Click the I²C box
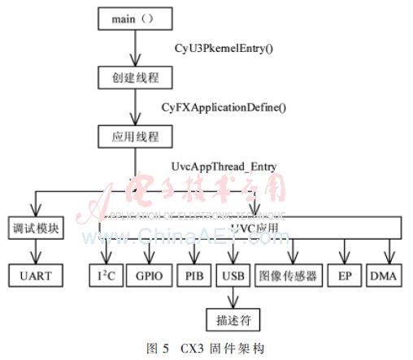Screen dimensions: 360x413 click(x=107, y=275)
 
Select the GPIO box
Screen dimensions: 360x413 click(x=148, y=275)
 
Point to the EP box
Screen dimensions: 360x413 click(x=345, y=275)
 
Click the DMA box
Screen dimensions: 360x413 click(x=384, y=275)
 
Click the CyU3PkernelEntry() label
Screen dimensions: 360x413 click(x=224, y=48)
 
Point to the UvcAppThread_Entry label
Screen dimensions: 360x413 click(x=224, y=167)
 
